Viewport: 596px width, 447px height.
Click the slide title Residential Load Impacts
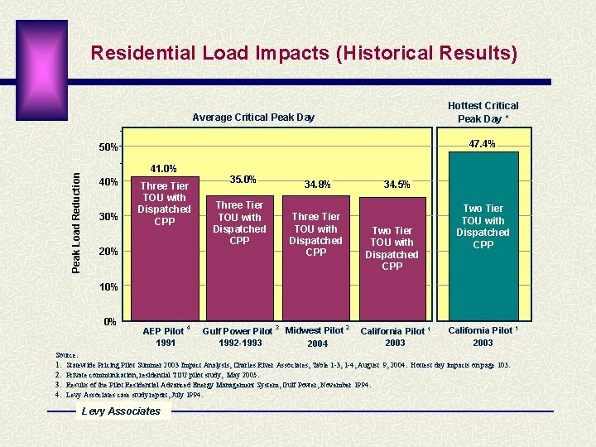pos(304,54)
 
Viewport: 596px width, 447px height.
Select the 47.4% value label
pos(482,144)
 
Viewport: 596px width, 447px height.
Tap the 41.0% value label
pos(162,168)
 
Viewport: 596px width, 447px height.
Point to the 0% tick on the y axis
pos(109,321)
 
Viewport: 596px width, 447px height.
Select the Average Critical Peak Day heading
pos(253,118)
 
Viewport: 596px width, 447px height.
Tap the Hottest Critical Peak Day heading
pos(483,112)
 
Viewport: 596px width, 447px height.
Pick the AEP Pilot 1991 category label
pos(164,336)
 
